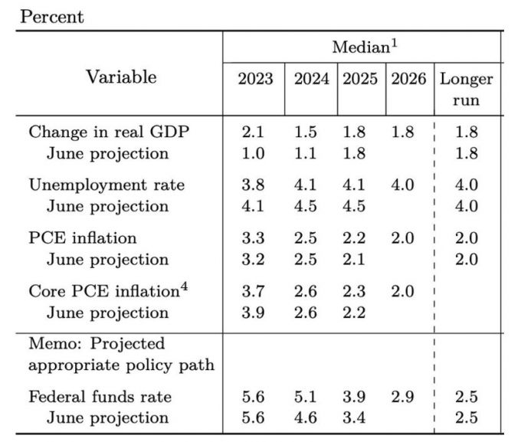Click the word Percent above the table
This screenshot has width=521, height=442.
[52, 17]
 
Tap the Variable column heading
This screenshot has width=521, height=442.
[121, 77]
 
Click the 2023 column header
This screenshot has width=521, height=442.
[254, 80]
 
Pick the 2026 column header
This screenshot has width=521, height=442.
[408, 80]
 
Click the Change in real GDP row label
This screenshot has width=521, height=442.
[109, 132]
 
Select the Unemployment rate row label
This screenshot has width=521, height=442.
[106, 185]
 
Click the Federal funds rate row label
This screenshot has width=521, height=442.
[100, 397]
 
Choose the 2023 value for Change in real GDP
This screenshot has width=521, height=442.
[253, 132]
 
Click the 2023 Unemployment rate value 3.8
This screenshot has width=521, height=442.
[253, 185]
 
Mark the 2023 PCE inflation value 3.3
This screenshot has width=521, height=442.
[253, 238]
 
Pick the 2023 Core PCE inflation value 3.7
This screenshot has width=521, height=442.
[253, 291]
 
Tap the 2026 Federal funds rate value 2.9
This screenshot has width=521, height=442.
[402, 397]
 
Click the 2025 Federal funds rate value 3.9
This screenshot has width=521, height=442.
[354, 397]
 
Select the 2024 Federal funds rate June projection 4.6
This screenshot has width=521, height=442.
[306, 417]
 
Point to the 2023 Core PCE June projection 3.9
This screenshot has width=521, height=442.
[253, 313]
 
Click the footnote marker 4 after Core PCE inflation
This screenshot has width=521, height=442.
[184, 287]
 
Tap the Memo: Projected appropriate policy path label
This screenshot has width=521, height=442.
[121, 354]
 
